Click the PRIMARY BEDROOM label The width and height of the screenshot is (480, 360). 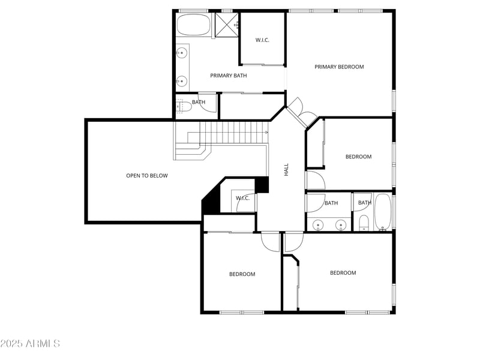(339, 67)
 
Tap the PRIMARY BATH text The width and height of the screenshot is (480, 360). (228, 76)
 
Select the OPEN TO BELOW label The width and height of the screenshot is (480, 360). (147, 176)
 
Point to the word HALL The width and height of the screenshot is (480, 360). (286, 170)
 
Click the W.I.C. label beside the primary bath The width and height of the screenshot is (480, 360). (262, 40)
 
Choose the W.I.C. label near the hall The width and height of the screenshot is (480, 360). (242, 198)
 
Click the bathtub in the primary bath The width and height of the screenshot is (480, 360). (193, 26)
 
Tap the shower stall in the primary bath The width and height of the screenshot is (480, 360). (227, 25)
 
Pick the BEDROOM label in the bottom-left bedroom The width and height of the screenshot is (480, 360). (242, 274)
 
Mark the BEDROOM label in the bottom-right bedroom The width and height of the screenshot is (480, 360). (343, 273)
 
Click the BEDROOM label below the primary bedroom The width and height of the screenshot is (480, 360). (358, 157)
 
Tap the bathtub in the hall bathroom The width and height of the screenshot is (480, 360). (383, 212)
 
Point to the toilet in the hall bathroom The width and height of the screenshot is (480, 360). (363, 225)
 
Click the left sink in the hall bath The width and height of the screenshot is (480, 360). (319, 226)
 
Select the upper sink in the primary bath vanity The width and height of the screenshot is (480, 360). (181, 53)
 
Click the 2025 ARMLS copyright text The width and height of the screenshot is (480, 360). (30, 344)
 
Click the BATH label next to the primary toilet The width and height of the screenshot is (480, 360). (199, 102)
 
